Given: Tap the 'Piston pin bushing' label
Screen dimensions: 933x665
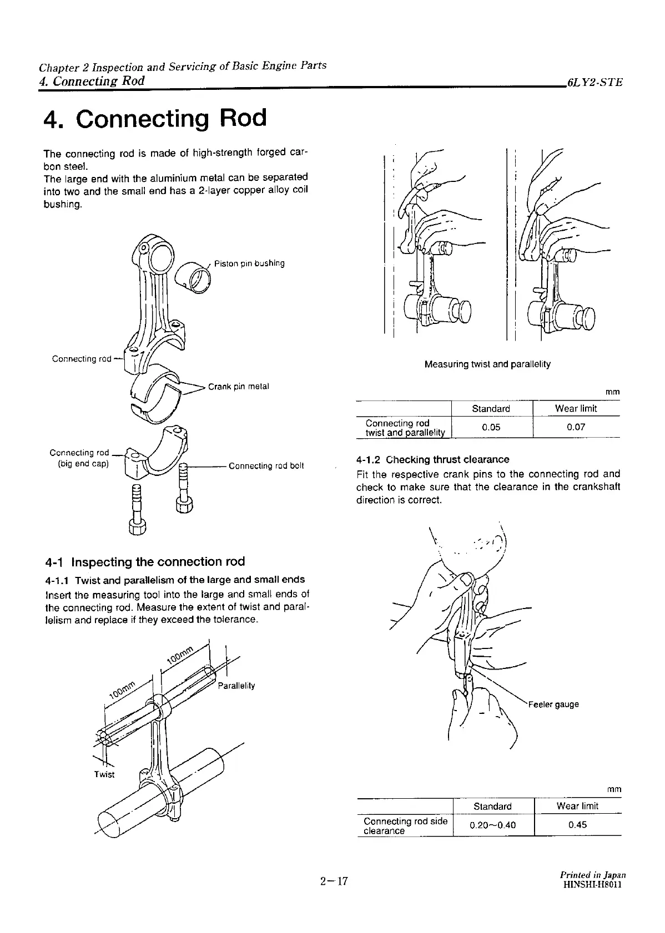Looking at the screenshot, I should (x=249, y=263).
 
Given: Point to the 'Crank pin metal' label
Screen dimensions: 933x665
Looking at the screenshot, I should (x=238, y=387).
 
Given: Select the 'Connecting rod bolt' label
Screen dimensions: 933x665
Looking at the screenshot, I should (x=266, y=466).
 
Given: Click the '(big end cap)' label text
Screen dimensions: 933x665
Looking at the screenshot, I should (x=83, y=464).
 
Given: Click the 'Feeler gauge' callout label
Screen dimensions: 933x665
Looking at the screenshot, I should (x=553, y=704).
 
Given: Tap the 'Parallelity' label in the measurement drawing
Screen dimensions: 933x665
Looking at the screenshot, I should (x=236, y=686).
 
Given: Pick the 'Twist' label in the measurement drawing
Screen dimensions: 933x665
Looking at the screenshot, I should (x=104, y=774).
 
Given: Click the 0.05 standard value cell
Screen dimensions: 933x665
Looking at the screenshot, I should (x=491, y=428).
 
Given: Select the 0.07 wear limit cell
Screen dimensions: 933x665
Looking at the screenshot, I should (x=576, y=428).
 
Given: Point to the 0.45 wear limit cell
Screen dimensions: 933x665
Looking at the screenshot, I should (x=577, y=825).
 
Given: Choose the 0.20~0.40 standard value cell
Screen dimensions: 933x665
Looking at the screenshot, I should (x=492, y=825).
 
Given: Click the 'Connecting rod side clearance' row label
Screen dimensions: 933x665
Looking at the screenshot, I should (x=405, y=825).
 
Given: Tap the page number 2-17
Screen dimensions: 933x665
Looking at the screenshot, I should (x=333, y=881).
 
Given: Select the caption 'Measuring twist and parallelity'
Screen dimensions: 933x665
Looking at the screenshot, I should (x=487, y=364).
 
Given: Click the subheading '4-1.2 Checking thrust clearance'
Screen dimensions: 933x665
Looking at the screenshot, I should (x=432, y=460).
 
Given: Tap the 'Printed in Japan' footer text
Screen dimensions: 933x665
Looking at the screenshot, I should (x=593, y=875).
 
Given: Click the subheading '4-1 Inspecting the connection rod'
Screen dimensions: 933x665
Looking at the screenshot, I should (x=145, y=562).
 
